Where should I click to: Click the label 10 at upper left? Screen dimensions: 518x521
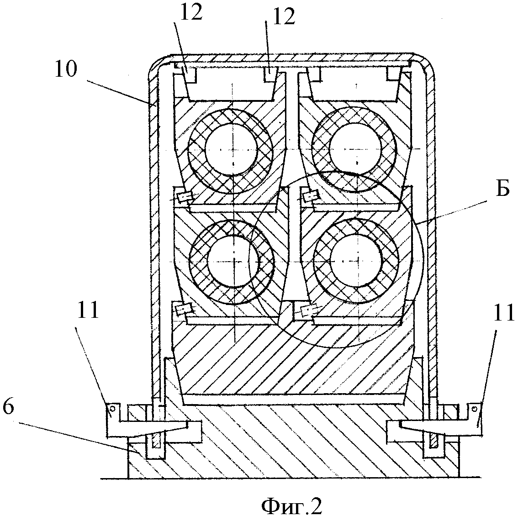point(66,70)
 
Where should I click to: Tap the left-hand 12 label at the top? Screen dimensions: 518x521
point(191,12)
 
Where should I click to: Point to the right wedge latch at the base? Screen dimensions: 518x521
point(434,429)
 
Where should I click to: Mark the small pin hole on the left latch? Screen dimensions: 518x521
point(113,408)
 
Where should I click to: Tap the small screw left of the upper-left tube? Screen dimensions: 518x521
point(184,197)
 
